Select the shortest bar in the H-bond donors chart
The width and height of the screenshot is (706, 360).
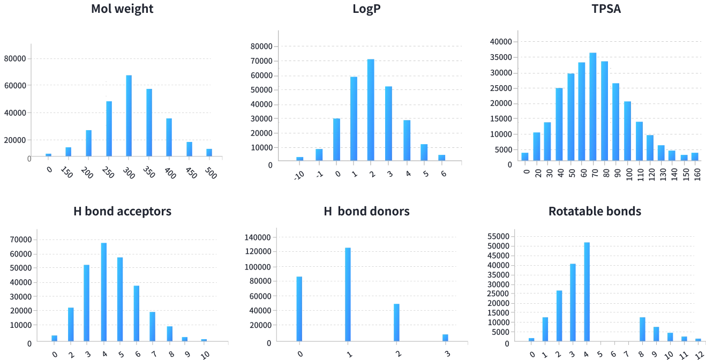[446, 337]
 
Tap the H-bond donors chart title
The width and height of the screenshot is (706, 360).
[366, 212]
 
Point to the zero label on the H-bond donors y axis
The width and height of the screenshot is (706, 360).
[270, 342]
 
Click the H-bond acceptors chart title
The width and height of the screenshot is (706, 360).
[122, 212]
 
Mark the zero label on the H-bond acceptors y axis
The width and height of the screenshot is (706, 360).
[31, 342]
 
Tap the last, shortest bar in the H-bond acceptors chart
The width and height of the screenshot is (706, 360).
[204, 339]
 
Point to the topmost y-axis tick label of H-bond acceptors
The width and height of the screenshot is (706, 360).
[20, 239]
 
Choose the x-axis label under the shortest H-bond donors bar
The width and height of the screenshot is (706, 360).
[446, 354]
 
